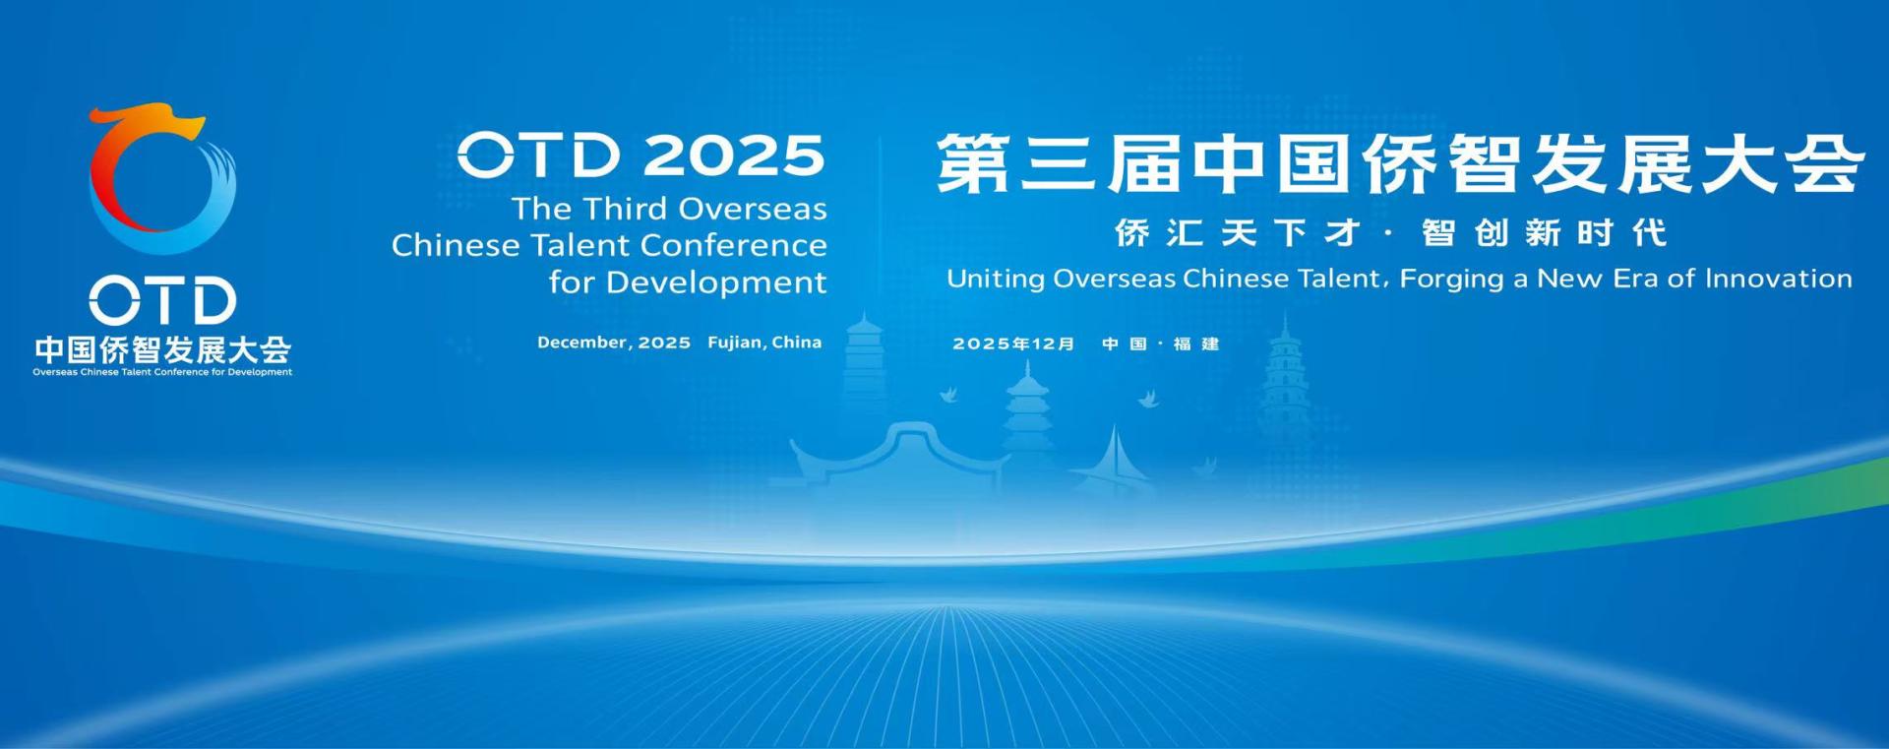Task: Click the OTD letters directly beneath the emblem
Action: click(x=163, y=300)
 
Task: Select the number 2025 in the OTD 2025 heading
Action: click(x=734, y=156)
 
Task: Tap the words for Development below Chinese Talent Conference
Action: click(x=688, y=282)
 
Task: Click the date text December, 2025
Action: click(x=614, y=343)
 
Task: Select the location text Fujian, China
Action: click(x=764, y=343)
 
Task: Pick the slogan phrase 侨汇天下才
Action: click(x=1238, y=233)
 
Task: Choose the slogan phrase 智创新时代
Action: click(x=1544, y=233)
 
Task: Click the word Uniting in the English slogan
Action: click(x=996, y=279)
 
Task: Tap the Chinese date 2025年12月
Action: click(x=1013, y=343)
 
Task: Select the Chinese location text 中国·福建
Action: click(x=1161, y=343)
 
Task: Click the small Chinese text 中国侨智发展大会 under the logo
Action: click(x=162, y=349)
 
